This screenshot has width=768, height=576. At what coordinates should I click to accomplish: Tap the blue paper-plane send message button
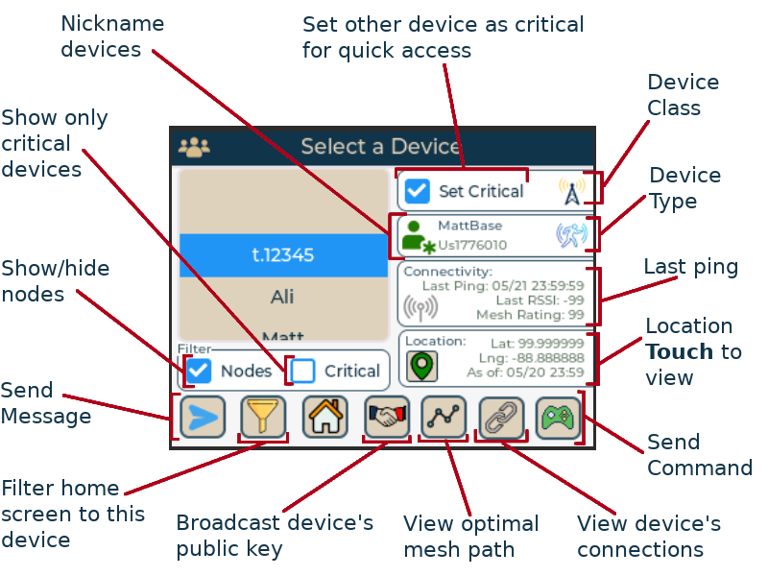pyautogui.click(x=204, y=418)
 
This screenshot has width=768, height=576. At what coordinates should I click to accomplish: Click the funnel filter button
pyautogui.click(x=263, y=418)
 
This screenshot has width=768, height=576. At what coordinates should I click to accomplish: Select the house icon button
pyautogui.click(x=325, y=418)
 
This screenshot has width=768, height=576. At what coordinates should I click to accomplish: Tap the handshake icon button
pyautogui.click(x=387, y=417)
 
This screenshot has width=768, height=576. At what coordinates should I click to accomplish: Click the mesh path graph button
pyautogui.click(x=444, y=417)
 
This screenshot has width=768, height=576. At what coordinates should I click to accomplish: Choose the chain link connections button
pyautogui.click(x=501, y=418)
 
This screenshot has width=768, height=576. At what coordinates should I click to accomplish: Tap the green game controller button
pyautogui.click(x=558, y=418)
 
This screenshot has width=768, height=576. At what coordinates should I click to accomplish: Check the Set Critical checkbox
pyautogui.click(x=417, y=190)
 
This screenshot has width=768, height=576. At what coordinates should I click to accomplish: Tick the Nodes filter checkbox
pyautogui.click(x=200, y=371)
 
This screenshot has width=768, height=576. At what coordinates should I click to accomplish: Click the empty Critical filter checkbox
pyautogui.click(x=302, y=371)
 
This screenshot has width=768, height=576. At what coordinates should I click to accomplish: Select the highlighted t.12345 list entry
pyautogui.click(x=283, y=255)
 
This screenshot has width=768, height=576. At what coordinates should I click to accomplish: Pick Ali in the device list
pyautogui.click(x=282, y=298)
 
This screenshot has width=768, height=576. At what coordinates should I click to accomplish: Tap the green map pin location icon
pyautogui.click(x=421, y=366)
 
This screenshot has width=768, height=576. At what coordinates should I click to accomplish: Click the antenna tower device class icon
pyautogui.click(x=571, y=191)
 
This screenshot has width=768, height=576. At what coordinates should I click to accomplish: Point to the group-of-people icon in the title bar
pyautogui.click(x=194, y=147)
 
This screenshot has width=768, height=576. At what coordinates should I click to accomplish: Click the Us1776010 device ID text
pyautogui.click(x=472, y=246)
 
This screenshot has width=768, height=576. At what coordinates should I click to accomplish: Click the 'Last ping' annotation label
pyautogui.click(x=690, y=268)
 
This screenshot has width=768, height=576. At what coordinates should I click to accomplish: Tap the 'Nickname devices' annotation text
pyautogui.click(x=112, y=36)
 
